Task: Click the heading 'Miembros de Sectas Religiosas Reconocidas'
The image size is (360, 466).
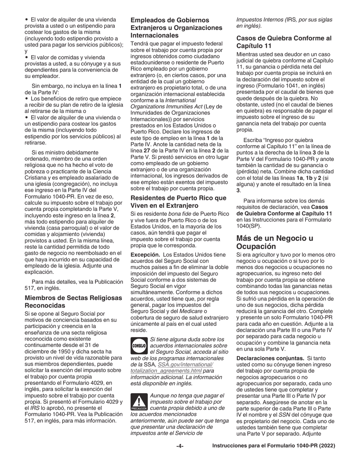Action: (x=74, y=302)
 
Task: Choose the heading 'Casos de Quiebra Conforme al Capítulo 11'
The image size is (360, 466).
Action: (x=284, y=42)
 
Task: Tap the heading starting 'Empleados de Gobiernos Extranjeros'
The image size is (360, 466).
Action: (x=176, y=28)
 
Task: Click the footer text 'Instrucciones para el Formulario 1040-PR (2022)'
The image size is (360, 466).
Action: (x=274, y=446)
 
